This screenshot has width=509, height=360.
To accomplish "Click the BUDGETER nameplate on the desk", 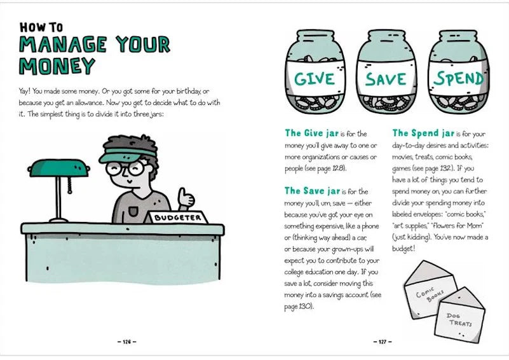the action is (177, 217).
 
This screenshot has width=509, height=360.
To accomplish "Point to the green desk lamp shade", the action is (58, 168).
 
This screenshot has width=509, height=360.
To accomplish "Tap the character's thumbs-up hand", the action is (186, 199).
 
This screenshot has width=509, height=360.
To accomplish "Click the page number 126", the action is (126, 342).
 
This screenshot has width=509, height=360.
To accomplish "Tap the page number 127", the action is (383, 342).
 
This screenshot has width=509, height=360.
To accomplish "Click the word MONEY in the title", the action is (57, 66).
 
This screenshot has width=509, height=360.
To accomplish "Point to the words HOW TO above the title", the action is (41, 27).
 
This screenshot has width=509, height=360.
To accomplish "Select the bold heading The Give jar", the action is (311, 133).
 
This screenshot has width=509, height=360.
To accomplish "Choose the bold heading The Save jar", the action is (312, 191).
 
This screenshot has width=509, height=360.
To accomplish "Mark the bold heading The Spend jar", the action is (423, 133).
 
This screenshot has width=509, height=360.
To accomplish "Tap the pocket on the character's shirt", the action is (133, 212).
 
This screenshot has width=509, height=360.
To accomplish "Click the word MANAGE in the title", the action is (63, 45).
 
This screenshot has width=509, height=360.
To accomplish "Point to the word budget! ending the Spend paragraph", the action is (404, 249).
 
